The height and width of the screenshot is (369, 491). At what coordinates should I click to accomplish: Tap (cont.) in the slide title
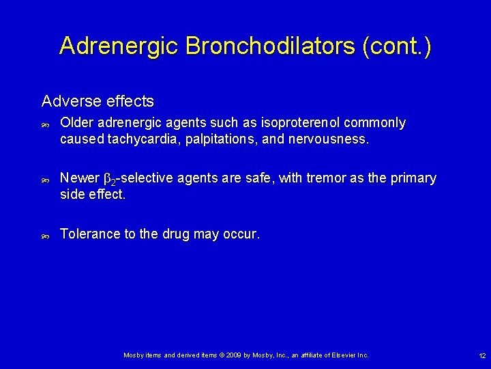point(397,46)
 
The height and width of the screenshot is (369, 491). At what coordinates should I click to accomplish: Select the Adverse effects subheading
point(98,101)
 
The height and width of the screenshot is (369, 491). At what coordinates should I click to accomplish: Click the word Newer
point(80,178)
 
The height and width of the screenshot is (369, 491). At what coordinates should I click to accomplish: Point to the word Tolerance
point(89,234)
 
